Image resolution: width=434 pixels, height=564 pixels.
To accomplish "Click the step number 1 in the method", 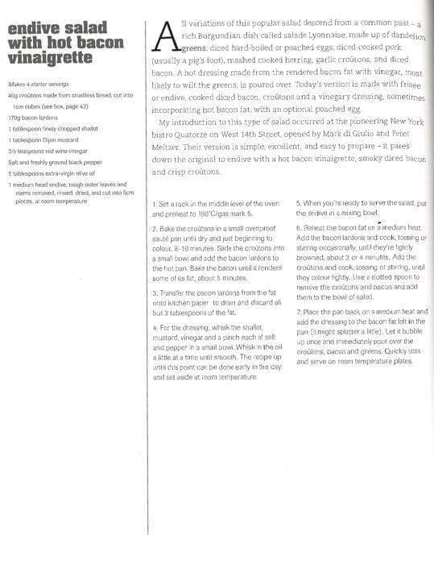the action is [154, 205].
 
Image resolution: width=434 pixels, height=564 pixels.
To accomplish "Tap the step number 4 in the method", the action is [155, 328].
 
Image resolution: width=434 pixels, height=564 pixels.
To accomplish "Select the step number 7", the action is [299, 311].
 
